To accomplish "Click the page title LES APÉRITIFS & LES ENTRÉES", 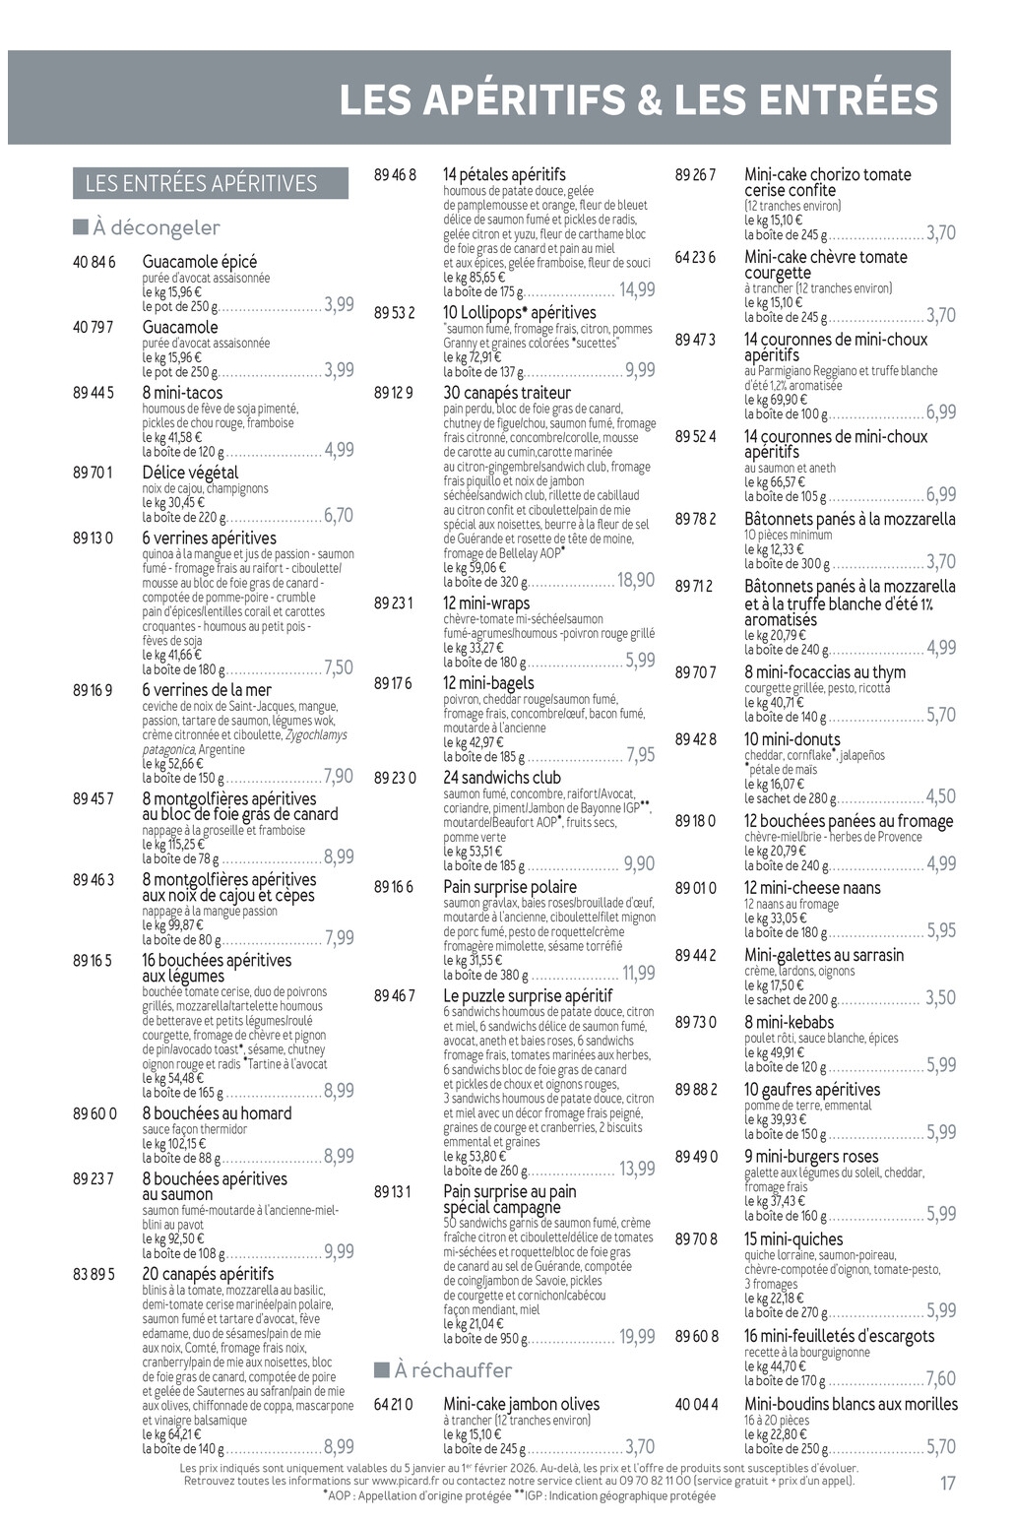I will [x=638, y=100].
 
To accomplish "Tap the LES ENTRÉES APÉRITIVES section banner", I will [x=201, y=184].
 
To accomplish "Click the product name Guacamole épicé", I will [x=199, y=261].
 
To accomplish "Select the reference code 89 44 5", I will [x=94, y=393].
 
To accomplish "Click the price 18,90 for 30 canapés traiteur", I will [x=636, y=580].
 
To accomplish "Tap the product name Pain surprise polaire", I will [x=510, y=887].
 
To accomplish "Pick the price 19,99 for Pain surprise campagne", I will [x=637, y=1337].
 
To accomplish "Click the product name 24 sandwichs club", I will [x=502, y=778].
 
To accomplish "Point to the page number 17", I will [x=947, y=1483].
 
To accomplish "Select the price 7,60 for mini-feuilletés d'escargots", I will [x=940, y=1379].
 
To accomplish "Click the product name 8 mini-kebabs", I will [x=789, y=1022].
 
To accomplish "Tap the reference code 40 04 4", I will [x=696, y=1404].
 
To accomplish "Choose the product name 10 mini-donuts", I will [x=792, y=739].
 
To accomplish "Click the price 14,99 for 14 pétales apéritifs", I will [x=637, y=289].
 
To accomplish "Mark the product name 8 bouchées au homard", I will [x=217, y=1113].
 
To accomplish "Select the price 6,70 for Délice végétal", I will [x=338, y=516].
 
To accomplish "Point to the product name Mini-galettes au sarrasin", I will [x=823, y=955].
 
